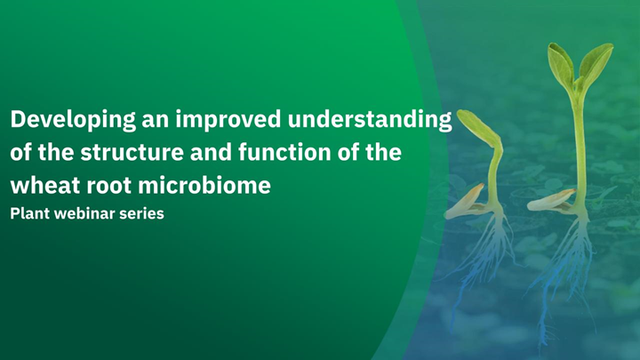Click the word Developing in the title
tap(65, 120)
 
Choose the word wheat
tap(40, 186)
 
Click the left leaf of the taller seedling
tap(561, 67)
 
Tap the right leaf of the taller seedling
tap(596, 62)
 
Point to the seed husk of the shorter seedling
tap(463, 202)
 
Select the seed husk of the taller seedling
tap(550, 201)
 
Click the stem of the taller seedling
tap(579, 142)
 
